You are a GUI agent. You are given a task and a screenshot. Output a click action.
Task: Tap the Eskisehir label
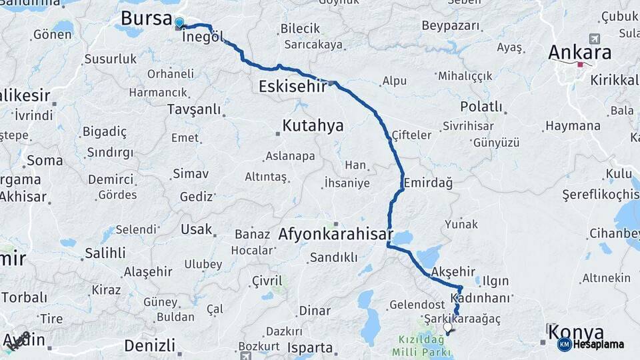(293, 86)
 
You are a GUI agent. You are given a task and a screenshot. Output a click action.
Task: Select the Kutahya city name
(313, 125)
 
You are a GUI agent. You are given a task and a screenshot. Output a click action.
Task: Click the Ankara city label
(579, 52)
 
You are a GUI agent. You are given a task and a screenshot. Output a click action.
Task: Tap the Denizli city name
(150, 345)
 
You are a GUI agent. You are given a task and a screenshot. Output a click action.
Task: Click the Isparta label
(310, 347)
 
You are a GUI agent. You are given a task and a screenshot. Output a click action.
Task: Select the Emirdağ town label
(427, 182)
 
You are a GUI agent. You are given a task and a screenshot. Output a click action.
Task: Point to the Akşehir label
(453, 271)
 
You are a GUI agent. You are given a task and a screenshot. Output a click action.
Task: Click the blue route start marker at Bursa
(179, 23)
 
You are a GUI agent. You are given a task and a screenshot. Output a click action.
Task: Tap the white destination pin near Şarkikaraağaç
(448, 327)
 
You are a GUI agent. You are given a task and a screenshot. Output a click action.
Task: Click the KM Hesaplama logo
(591, 344)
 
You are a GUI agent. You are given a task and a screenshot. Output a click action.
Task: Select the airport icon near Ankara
(594, 38)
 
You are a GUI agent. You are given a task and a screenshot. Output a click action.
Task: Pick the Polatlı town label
(481, 107)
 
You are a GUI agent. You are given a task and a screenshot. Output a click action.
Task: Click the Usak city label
(196, 229)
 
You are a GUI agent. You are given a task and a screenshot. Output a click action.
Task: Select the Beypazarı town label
(451, 26)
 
